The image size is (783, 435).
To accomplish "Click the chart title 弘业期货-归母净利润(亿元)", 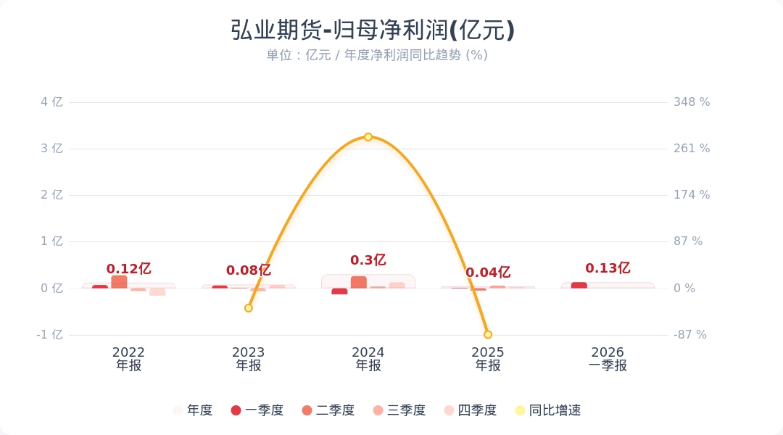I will (x=373, y=30).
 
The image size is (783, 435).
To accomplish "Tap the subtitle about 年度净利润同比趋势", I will (x=377, y=55).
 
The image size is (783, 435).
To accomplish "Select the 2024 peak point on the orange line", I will (x=368, y=137).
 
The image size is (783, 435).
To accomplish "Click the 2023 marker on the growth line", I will (x=249, y=308).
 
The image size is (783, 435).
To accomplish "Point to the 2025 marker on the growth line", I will (x=488, y=334).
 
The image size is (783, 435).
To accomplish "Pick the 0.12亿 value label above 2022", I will (x=128, y=269).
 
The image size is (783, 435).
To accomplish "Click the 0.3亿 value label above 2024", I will (x=368, y=260).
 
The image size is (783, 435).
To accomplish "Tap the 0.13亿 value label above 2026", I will (x=608, y=268).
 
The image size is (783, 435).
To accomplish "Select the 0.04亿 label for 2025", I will (x=488, y=273).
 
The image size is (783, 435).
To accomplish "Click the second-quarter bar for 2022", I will (x=119, y=282).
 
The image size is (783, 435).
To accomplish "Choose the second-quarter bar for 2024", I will (x=359, y=282).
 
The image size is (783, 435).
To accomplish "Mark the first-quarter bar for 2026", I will (x=579, y=285).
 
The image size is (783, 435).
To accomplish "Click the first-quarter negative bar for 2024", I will (x=339, y=291).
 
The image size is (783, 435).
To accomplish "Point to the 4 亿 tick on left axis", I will (x=51, y=102).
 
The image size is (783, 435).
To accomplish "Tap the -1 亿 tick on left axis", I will (x=50, y=335).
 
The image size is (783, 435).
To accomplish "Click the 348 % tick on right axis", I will (x=692, y=102).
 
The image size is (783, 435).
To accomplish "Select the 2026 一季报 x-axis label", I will (x=608, y=359).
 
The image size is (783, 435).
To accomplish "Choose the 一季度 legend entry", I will (x=257, y=410).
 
